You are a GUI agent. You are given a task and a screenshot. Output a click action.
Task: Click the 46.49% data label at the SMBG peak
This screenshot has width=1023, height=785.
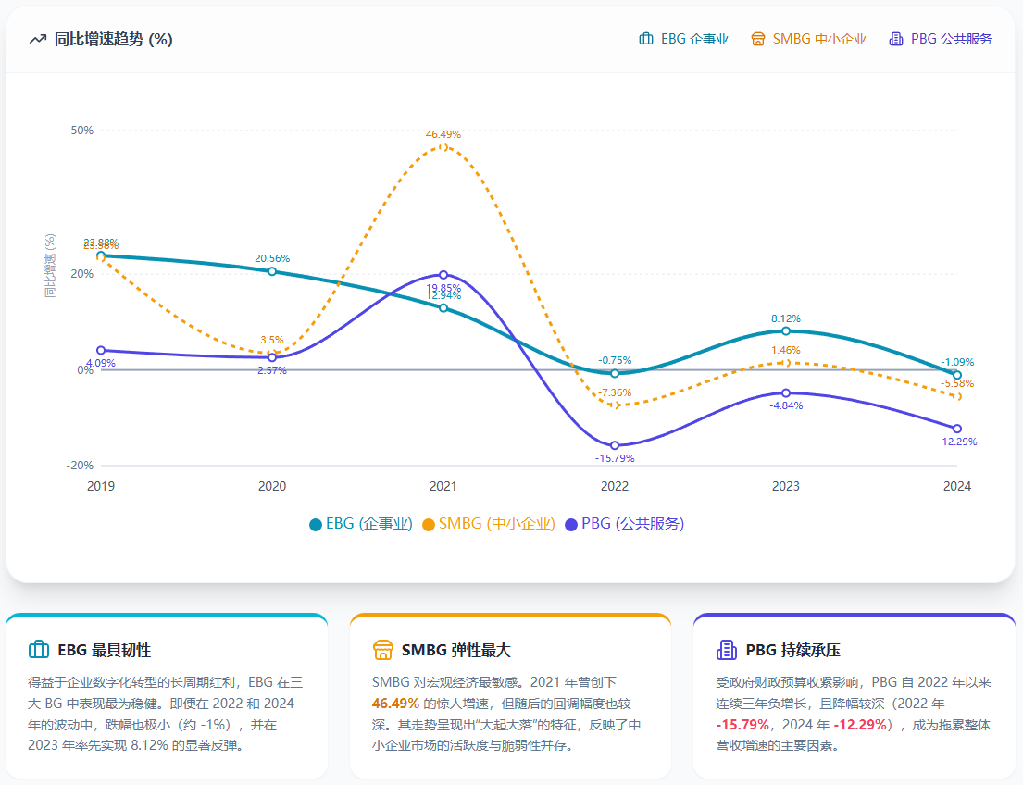tap(443, 134)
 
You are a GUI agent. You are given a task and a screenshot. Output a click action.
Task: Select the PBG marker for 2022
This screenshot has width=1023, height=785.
tap(615, 445)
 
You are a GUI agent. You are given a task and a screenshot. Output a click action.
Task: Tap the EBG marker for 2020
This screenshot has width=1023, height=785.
tap(272, 271)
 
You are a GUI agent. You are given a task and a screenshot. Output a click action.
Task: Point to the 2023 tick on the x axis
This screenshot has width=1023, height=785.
tap(786, 486)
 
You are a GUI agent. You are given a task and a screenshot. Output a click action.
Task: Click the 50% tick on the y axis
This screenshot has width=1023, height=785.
tap(82, 131)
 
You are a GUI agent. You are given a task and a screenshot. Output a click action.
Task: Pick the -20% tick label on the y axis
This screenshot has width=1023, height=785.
tap(81, 466)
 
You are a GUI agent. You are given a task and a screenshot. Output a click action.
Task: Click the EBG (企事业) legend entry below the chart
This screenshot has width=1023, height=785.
tap(361, 524)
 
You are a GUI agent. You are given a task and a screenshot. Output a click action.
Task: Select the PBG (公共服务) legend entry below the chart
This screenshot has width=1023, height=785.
tap(625, 524)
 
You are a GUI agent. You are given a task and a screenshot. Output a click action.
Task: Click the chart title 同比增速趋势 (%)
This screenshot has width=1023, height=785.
tap(113, 39)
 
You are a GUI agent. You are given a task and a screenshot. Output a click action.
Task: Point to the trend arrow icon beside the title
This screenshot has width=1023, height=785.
tap(38, 39)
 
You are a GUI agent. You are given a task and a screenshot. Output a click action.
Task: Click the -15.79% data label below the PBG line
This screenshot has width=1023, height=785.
tap(615, 458)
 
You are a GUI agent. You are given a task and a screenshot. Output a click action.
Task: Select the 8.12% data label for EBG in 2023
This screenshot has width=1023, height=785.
tap(786, 318)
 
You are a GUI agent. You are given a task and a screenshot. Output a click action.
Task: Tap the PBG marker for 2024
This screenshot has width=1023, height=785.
tap(957, 429)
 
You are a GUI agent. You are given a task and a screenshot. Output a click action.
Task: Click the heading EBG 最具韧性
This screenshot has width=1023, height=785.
tap(104, 650)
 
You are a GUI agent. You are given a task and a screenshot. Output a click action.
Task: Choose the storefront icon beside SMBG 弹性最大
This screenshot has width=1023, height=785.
tap(382, 650)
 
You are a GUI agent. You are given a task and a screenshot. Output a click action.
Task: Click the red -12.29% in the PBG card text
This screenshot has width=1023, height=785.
tap(861, 724)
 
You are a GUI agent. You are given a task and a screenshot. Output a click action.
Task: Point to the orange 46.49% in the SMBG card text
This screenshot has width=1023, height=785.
tap(395, 703)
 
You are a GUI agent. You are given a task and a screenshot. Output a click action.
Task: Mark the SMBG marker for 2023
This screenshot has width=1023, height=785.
tap(786, 363)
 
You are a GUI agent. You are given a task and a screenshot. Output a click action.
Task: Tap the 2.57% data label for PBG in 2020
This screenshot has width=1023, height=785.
tap(272, 370)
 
